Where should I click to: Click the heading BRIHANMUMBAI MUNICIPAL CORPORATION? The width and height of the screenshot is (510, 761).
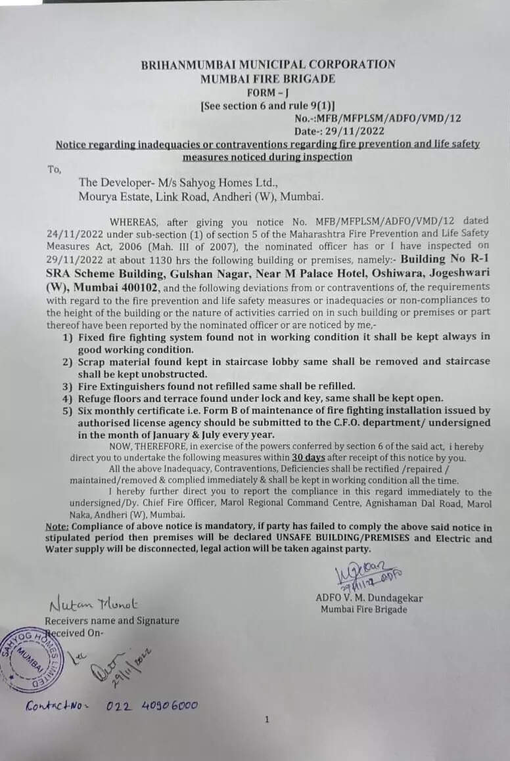[x=268, y=64]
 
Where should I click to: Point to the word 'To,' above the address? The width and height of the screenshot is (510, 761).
[x=54, y=169]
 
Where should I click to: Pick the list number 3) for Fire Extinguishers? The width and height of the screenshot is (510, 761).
[x=67, y=386]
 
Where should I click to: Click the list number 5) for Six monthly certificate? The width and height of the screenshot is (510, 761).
[x=67, y=411]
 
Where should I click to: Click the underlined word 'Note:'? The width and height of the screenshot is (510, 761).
[x=58, y=527]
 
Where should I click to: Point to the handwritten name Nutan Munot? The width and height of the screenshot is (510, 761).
[x=93, y=603]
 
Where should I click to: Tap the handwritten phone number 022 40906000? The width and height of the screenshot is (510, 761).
[x=152, y=706]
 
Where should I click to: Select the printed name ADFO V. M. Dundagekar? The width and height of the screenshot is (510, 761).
[x=369, y=598]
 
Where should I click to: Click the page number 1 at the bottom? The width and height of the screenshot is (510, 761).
[x=267, y=720]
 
